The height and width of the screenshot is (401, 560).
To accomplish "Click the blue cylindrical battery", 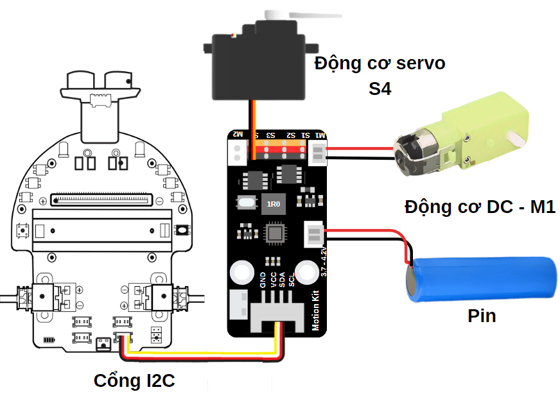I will (482, 278).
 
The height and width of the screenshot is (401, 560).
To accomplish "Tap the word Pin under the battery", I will (482, 316).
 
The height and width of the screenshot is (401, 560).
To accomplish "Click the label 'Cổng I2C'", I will (134, 380).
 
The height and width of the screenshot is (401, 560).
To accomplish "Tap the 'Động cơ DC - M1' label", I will (480, 207).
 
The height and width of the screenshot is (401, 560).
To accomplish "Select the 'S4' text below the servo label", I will (380, 89).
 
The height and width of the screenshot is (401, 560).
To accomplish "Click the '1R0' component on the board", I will (274, 204).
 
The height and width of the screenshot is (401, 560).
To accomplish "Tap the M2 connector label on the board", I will (238, 135).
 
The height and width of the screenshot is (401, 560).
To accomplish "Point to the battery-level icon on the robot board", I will (49, 339).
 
